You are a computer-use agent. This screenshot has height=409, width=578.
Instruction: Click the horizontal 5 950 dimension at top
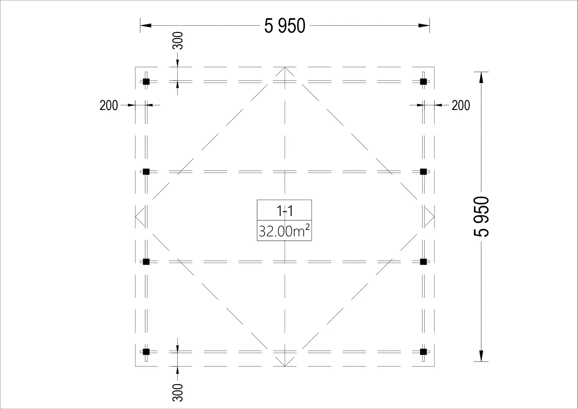click(285, 26)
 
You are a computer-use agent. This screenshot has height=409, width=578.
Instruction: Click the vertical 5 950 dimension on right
click(481, 217)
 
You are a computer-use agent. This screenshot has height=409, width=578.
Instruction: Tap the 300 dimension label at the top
click(177, 41)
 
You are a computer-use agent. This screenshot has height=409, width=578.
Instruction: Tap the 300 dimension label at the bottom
click(177, 392)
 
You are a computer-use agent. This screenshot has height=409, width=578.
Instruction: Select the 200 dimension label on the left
click(109, 106)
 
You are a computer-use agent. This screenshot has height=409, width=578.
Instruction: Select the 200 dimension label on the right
click(461, 106)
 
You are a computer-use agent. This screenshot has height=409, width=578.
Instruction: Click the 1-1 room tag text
click(285, 211)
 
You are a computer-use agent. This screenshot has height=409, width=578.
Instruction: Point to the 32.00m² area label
click(284, 231)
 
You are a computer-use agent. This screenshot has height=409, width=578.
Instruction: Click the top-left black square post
click(146, 82)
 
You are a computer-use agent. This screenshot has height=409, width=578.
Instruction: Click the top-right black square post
click(423, 82)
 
